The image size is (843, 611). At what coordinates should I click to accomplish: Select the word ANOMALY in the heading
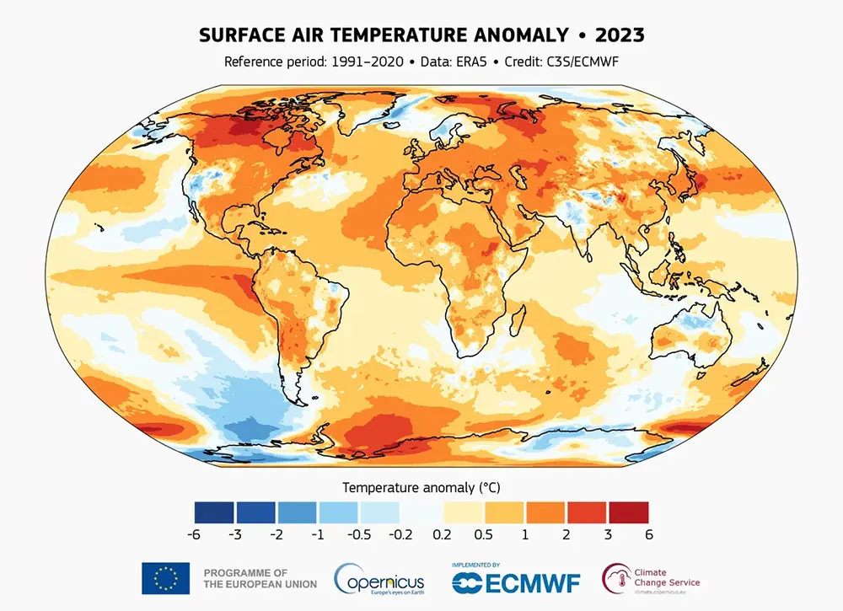[524, 35]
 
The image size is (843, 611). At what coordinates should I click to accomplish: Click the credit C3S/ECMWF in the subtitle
[579, 62]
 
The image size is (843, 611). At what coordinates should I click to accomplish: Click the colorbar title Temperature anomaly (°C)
[421, 487]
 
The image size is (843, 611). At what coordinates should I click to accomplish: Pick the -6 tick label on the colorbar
[194, 534]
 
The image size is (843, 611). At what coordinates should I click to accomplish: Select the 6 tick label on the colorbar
[648, 534]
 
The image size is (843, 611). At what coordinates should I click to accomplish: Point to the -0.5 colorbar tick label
[359, 534]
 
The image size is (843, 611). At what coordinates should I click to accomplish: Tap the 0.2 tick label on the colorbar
[442, 534]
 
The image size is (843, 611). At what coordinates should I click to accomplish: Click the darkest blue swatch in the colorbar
[214, 512]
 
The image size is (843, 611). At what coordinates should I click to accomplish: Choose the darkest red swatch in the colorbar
[628, 512]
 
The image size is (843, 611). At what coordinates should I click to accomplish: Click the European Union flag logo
[165, 578]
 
